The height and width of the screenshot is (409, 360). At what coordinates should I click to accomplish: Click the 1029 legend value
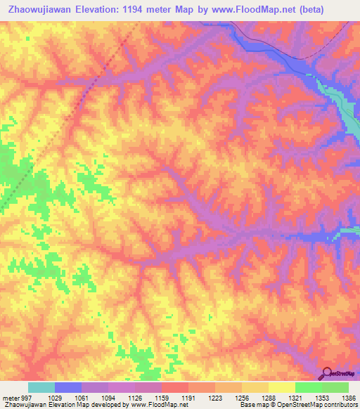(x=55, y=398)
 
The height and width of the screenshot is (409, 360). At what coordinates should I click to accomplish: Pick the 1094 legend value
(x=108, y=398)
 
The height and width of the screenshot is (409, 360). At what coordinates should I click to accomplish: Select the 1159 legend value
(x=162, y=398)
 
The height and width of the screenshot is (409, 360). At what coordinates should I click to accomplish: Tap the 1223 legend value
(x=215, y=398)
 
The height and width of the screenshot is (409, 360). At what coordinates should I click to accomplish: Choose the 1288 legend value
(x=269, y=398)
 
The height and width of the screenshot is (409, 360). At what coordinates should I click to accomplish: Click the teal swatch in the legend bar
(x=41, y=387)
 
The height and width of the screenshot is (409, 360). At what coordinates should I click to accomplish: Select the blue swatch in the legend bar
(x=68, y=387)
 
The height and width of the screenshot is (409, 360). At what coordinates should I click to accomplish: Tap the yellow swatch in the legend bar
(x=282, y=387)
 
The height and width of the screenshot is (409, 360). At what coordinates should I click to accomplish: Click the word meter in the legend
(x=10, y=398)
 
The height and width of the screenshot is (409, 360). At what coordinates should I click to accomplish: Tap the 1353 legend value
(x=322, y=398)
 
